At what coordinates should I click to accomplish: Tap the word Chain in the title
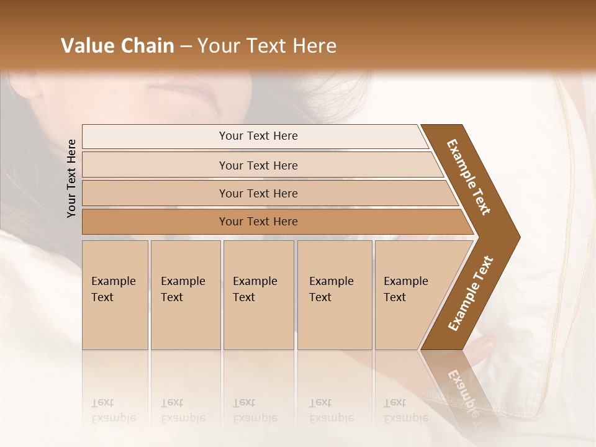[x=148, y=46]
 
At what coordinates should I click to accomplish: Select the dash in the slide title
[x=186, y=47]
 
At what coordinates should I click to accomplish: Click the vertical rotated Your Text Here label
[x=71, y=178]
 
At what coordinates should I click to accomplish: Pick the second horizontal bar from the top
[x=258, y=165]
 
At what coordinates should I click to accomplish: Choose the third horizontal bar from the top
[x=258, y=193]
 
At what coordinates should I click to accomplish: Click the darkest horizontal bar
[x=258, y=222]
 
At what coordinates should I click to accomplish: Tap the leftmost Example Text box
[x=115, y=295]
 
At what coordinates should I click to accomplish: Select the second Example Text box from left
[x=186, y=295]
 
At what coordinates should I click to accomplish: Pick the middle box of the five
[x=258, y=295]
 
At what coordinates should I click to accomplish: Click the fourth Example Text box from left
[x=335, y=295]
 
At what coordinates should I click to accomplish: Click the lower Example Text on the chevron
[x=471, y=294]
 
